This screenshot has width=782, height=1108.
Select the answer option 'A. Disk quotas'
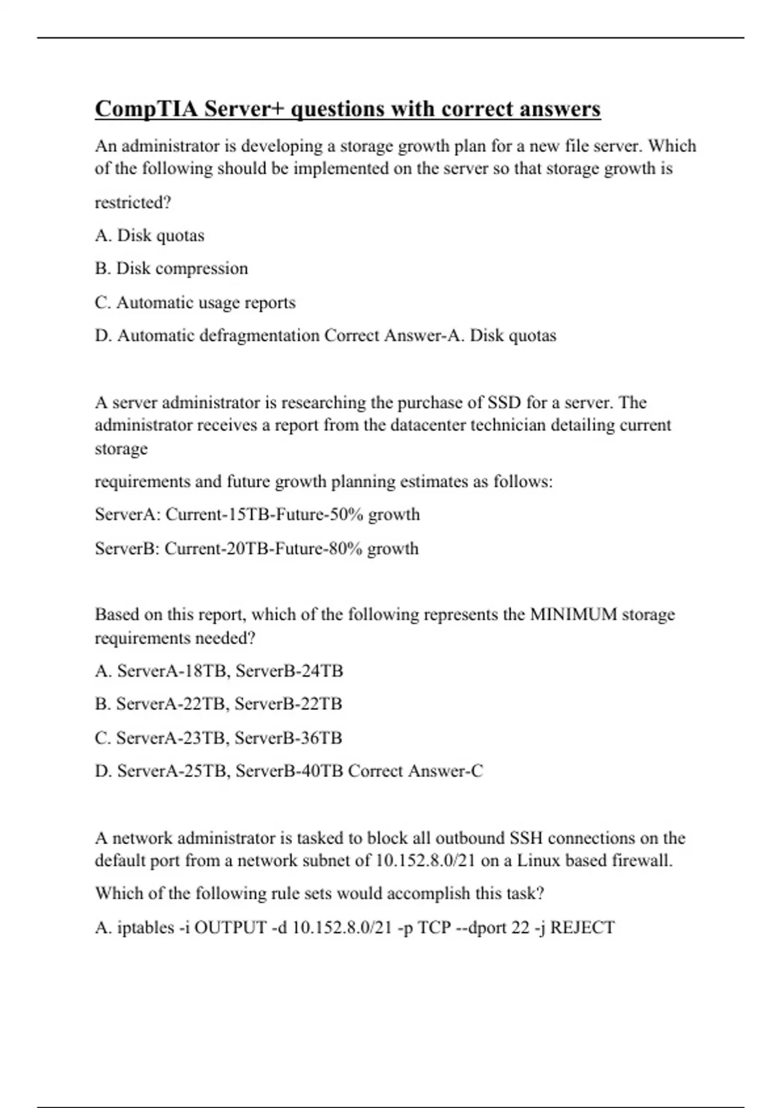tap(149, 235)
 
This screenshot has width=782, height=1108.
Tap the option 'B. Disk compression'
tap(171, 269)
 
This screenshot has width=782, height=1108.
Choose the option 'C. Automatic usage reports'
tap(195, 302)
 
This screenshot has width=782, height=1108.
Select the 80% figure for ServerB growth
tap(345, 548)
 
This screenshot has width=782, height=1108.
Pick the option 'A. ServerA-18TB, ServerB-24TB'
tap(219, 671)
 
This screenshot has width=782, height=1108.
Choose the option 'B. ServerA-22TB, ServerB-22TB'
tap(218, 704)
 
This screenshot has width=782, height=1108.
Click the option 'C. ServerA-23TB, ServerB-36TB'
tap(218, 738)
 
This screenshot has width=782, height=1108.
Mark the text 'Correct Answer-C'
tap(416, 771)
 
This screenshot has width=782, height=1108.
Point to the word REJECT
tap(582, 927)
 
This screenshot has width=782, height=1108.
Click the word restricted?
tap(133, 203)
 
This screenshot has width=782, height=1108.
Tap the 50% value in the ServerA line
tap(346, 514)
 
